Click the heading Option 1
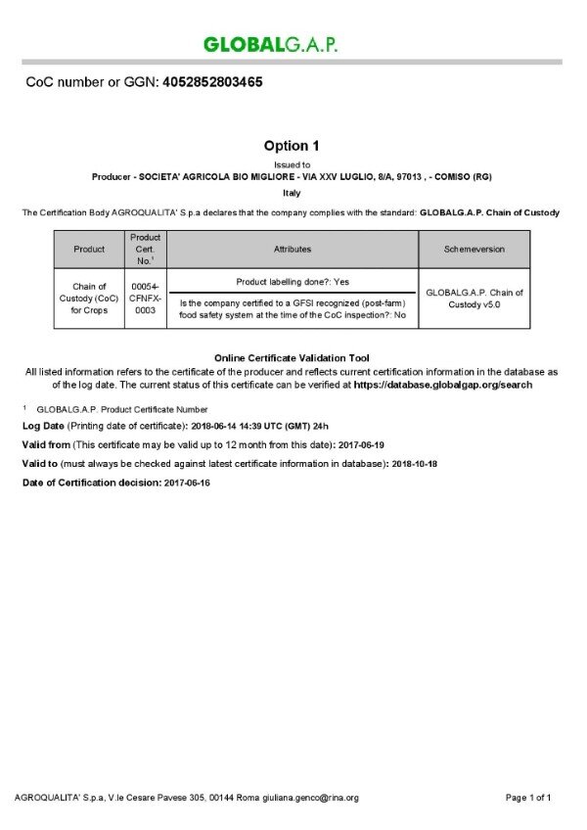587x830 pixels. coord(291,146)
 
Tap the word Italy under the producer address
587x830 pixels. coord(291,193)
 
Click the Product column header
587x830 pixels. coord(89,250)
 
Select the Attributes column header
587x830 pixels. coord(293,250)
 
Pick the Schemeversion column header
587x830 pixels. coord(474,250)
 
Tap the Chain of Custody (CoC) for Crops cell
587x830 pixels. coord(89,299)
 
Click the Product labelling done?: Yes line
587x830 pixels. coord(293,281)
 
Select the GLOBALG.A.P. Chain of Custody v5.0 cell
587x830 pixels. coord(474,299)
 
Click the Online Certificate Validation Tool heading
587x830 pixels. coord(291,358)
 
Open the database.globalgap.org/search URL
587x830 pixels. coord(442,386)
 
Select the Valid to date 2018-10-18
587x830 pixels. coord(413,464)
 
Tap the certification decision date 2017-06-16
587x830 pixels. coord(187,483)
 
